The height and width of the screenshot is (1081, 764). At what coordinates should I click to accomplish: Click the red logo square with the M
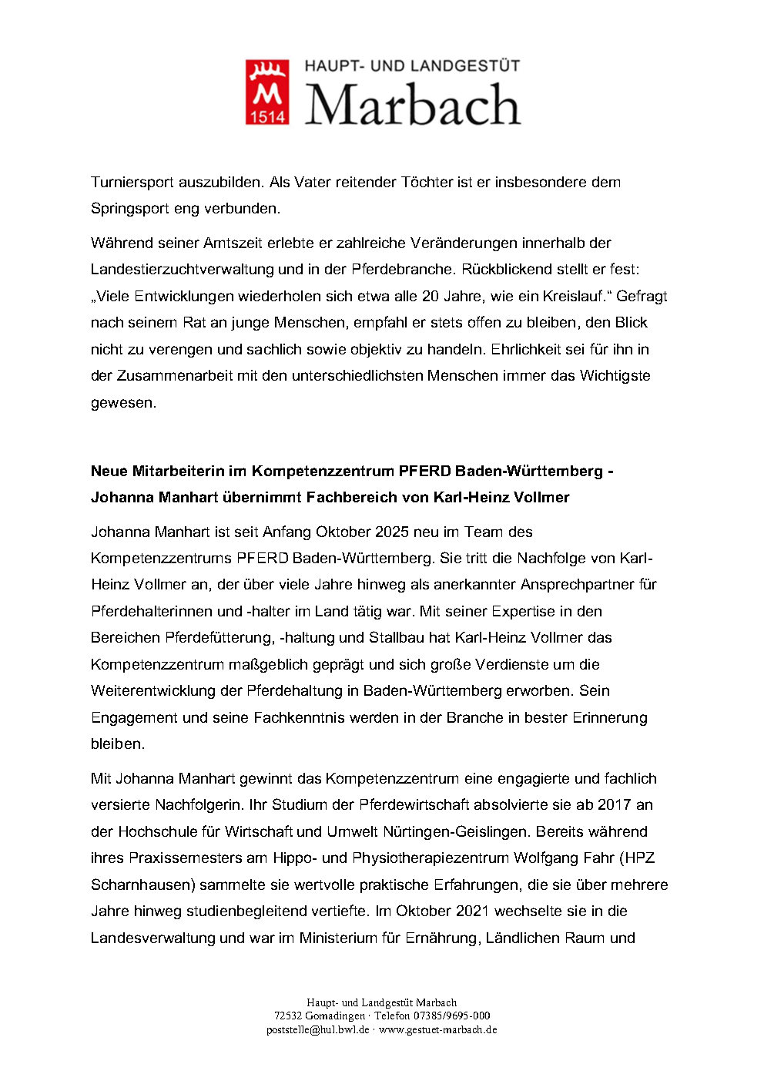click(267, 92)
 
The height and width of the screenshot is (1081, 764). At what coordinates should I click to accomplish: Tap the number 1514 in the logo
click(267, 116)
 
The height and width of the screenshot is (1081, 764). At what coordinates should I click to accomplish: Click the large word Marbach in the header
click(413, 106)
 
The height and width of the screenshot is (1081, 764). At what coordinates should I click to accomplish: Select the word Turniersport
click(132, 183)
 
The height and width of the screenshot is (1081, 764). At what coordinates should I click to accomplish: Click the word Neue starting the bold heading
click(109, 471)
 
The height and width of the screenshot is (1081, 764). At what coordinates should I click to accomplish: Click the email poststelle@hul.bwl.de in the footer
click(318, 1029)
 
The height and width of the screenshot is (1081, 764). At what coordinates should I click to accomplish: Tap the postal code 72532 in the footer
click(288, 1016)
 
